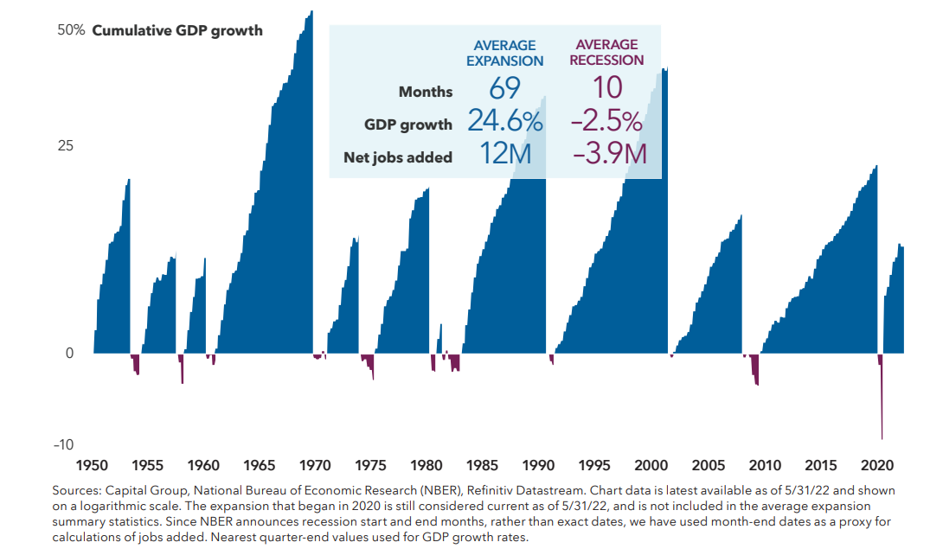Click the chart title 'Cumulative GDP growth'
click(x=176, y=30)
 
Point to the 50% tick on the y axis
click(x=71, y=30)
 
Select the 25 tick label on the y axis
click(x=65, y=145)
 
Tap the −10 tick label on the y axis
click(x=63, y=445)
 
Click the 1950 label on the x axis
click(x=93, y=463)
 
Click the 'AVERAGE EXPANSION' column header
click(x=504, y=53)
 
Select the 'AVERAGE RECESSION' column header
click(x=606, y=53)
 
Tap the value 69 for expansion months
click(x=504, y=89)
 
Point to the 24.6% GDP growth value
click(x=504, y=122)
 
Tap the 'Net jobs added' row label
click(x=398, y=157)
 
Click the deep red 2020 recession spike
click(x=882, y=398)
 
